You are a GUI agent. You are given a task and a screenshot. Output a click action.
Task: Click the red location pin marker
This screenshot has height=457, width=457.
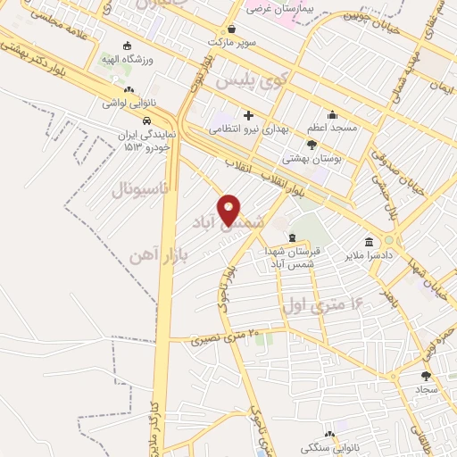(x=228, y=209)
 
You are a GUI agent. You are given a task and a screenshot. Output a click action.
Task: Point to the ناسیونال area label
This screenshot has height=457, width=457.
(x=145, y=189)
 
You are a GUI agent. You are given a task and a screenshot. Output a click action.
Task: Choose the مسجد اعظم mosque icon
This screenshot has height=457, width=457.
(x=333, y=114)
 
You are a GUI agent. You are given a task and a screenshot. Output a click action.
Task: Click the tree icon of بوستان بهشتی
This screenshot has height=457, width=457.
(x=311, y=144)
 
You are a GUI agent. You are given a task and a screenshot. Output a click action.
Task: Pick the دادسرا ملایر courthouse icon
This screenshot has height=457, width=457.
(x=369, y=242)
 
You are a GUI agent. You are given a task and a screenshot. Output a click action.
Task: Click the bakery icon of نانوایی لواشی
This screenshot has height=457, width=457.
(x=130, y=90)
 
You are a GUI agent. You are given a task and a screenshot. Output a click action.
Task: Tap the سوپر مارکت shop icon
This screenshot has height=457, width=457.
(x=232, y=29)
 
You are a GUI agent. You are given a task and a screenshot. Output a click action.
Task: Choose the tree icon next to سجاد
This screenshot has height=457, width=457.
(x=425, y=376)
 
